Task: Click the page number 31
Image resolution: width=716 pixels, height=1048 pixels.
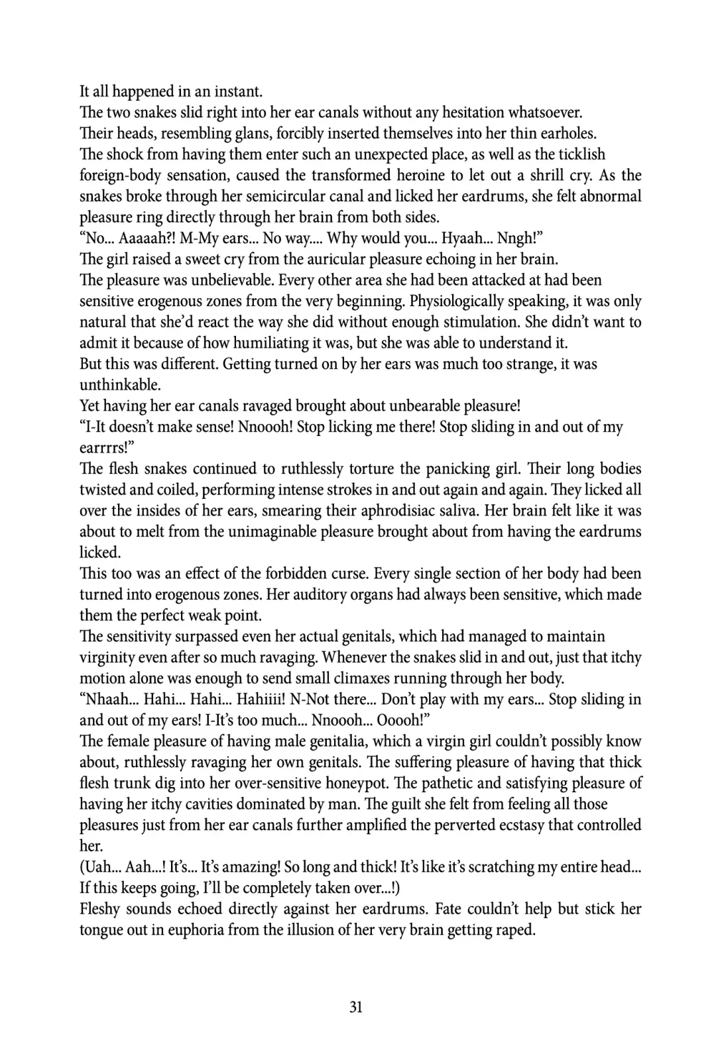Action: [x=356, y=1007]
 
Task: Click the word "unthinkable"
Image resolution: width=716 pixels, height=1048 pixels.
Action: [x=119, y=385]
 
